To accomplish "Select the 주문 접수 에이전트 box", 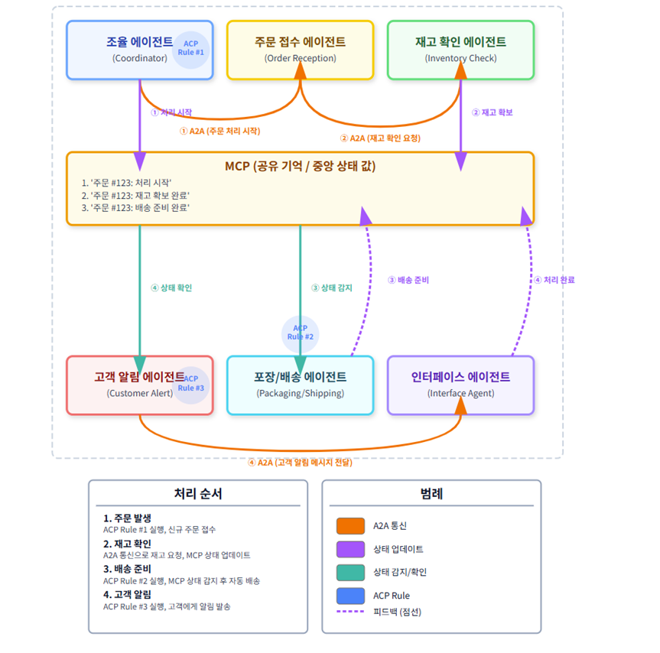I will click(300, 50).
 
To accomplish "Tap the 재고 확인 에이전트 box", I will click(460, 50).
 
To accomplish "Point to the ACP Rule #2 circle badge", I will click(301, 333).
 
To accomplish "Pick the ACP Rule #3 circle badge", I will click(190, 383).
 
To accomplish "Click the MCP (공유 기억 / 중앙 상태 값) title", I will click(300, 166).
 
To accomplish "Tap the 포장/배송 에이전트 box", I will click(300, 385).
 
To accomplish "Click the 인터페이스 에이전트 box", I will click(460, 385).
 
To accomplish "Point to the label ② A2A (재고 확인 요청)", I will click(380, 138).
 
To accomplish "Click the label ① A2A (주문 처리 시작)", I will click(219, 131).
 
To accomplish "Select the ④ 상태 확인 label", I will click(171, 288).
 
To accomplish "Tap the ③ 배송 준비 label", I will click(408, 280).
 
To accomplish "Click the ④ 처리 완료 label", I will click(554, 280).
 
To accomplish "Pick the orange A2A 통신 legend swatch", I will click(350, 526).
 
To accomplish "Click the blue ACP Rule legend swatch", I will click(350, 595).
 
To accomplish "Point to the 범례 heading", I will click(431, 494).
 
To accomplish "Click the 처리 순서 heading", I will click(198, 494).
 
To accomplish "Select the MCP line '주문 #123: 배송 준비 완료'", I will click(140, 207).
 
